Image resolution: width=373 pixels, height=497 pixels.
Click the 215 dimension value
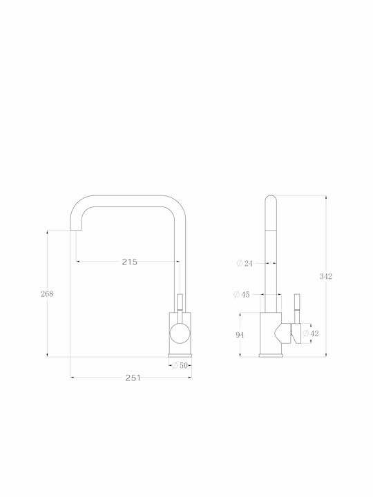pyautogui.click(x=130, y=262)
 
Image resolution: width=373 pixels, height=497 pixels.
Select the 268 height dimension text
pyautogui.click(x=47, y=294)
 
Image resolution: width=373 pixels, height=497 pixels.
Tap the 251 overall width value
pyautogui.click(x=133, y=378)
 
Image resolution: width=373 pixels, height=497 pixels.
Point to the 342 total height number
pyautogui.click(x=326, y=276)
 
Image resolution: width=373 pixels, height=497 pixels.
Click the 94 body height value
pyautogui.click(x=240, y=335)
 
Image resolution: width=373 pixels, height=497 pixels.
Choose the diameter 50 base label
pyautogui.click(x=180, y=365)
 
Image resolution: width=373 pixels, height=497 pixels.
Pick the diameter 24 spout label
pyautogui.click(x=245, y=263)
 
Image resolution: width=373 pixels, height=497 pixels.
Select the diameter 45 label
pyautogui.click(x=241, y=295)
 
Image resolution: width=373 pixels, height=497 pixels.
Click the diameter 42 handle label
pyautogui.click(x=311, y=333)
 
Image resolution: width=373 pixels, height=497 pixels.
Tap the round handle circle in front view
pyautogui.click(x=180, y=333)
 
